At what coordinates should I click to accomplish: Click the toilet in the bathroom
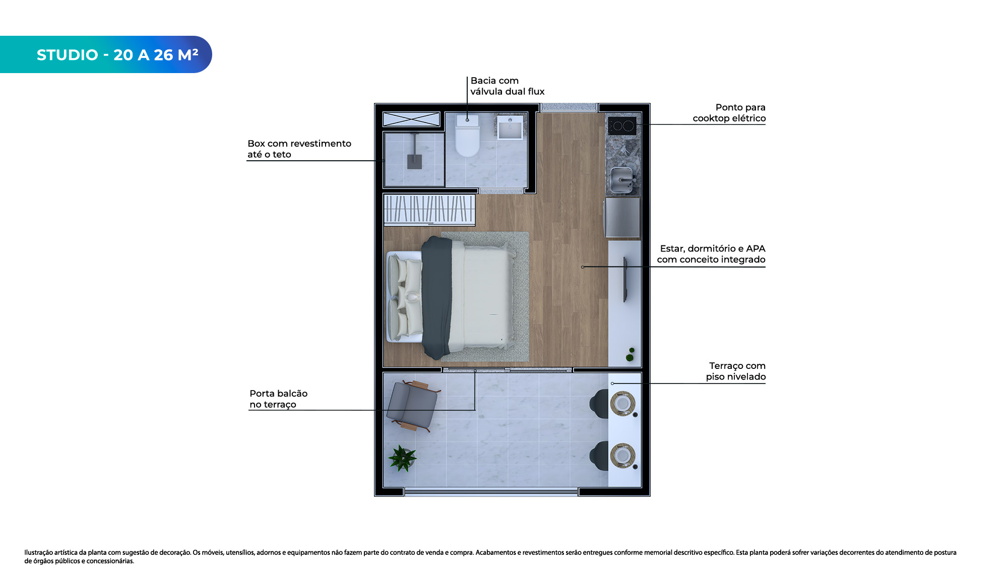click(467, 135)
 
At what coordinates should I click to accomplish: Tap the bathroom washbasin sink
click(511, 127)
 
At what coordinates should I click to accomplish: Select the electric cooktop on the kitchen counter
click(622, 126)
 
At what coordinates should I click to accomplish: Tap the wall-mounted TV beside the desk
click(625, 280)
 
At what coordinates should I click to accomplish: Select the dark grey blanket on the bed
click(436, 297)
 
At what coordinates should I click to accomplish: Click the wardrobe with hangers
click(429, 209)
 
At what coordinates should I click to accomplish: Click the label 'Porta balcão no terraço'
click(278, 399)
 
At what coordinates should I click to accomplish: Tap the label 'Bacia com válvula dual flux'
click(507, 86)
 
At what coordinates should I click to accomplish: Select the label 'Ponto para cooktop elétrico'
click(729, 113)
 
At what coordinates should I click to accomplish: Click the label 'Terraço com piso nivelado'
click(735, 371)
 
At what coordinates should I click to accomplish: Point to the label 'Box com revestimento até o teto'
click(299, 149)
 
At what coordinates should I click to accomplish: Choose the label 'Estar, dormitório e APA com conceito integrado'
click(711, 254)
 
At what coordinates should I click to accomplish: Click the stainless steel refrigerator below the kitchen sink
click(622, 217)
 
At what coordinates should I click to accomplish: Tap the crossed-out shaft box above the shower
click(411, 119)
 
